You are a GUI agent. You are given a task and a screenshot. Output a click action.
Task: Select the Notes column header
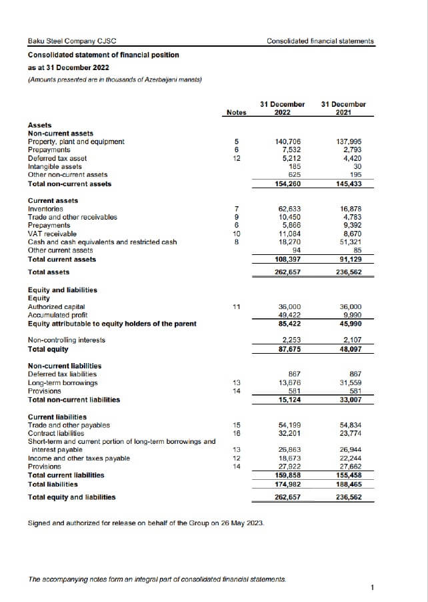(x=236, y=113)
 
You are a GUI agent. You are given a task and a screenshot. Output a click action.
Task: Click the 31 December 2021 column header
(x=343, y=108)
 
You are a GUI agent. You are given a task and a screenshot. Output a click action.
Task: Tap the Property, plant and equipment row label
(x=76, y=141)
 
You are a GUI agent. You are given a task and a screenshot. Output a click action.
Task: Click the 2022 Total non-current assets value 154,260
(x=288, y=184)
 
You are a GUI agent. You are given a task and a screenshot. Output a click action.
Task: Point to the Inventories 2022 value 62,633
(x=290, y=209)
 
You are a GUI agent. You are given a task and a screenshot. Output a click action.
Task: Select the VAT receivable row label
(x=52, y=234)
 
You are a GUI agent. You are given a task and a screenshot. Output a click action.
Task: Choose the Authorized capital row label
(x=57, y=306)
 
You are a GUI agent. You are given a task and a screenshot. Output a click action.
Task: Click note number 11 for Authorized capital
(x=236, y=306)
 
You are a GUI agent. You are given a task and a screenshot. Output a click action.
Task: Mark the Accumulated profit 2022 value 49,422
(x=290, y=315)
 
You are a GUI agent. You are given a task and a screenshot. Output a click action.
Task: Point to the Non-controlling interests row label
(x=66, y=340)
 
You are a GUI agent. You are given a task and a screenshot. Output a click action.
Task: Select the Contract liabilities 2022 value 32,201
(x=290, y=433)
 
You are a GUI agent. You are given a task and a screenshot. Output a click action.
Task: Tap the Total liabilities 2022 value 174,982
(x=288, y=483)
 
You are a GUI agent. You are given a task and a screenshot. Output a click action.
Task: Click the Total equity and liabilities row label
(x=71, y=497)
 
